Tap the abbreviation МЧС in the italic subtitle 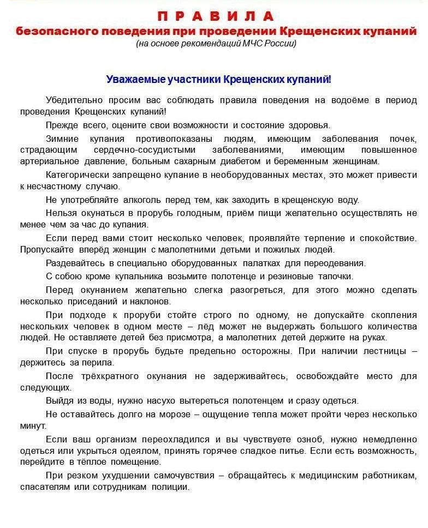click(251, 44)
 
